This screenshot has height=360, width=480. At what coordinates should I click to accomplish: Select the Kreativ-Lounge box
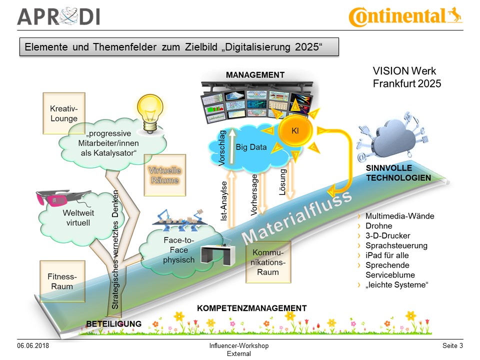[64, 113]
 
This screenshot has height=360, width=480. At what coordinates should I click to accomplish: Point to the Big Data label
[251, 147]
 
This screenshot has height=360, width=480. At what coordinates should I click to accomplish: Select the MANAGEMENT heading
[255, 75]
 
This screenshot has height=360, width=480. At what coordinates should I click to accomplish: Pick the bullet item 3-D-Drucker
[388, 235]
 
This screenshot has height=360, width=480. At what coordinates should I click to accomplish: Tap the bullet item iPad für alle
[387, 255]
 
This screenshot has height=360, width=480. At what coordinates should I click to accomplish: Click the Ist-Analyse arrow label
[224, 200]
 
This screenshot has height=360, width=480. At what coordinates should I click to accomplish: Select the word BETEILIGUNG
[113, 323]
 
